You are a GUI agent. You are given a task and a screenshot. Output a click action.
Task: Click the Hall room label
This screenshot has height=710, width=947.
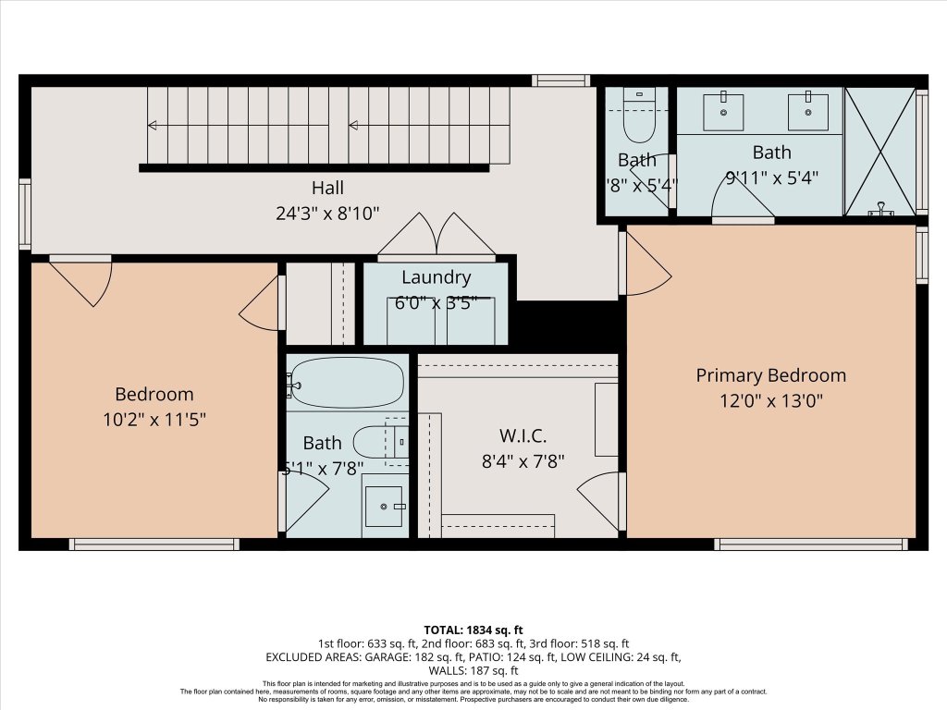[x=327, y=189]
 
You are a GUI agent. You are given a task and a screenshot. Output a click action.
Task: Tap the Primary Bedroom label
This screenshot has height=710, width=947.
[x=770, y=375]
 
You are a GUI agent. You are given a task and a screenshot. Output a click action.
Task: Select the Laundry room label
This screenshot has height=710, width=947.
[x=436, y=277]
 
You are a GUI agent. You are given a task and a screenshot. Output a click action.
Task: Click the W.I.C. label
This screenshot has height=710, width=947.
[x=523, y=435]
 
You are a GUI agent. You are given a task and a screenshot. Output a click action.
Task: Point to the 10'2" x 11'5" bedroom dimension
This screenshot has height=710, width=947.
[x=154, y=419]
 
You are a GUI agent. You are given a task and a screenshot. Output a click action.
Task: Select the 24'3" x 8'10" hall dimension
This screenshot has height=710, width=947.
[x=327, y=214]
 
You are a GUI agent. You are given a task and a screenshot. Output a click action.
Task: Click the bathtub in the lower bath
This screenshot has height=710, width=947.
[x=347, y=383]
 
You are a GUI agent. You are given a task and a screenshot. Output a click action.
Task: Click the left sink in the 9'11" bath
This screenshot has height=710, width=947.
[x=723, y=112]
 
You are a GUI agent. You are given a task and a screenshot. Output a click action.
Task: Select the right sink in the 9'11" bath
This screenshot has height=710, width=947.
[x=808, y=112]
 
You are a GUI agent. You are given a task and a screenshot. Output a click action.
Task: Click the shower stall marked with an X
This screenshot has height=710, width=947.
[x=879, y=152]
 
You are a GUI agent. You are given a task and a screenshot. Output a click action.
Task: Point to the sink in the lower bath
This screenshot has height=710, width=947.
[x=384, y=506]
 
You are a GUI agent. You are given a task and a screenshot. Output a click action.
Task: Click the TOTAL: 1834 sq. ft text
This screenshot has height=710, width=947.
[x=473, y=630]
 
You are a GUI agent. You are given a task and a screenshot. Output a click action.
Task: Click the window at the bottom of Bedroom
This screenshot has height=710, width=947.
[x=154, y=545]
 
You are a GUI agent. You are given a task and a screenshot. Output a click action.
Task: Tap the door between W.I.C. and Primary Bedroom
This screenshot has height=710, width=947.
[x=602, y=499]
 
